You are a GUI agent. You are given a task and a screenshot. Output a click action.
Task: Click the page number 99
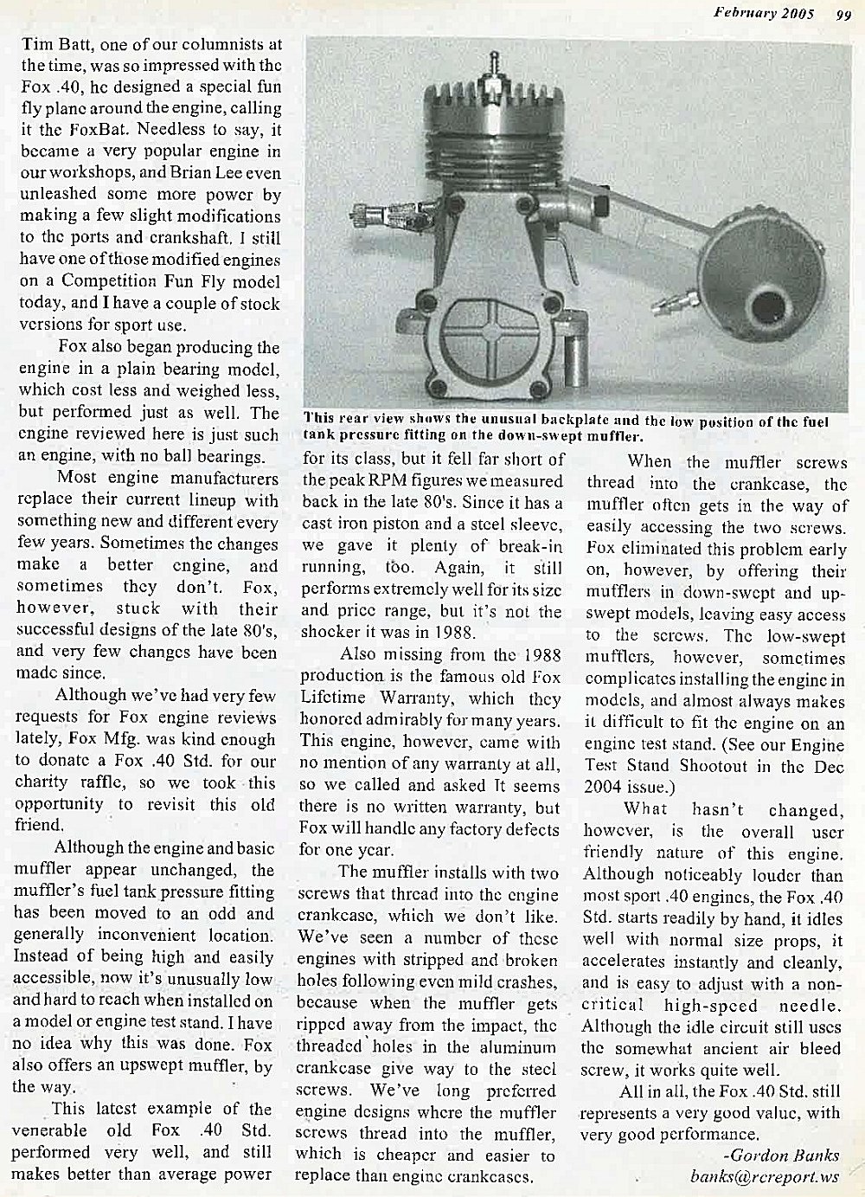(x=843, y=12)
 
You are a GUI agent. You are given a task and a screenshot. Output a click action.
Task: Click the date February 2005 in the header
(x=765, y=12)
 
